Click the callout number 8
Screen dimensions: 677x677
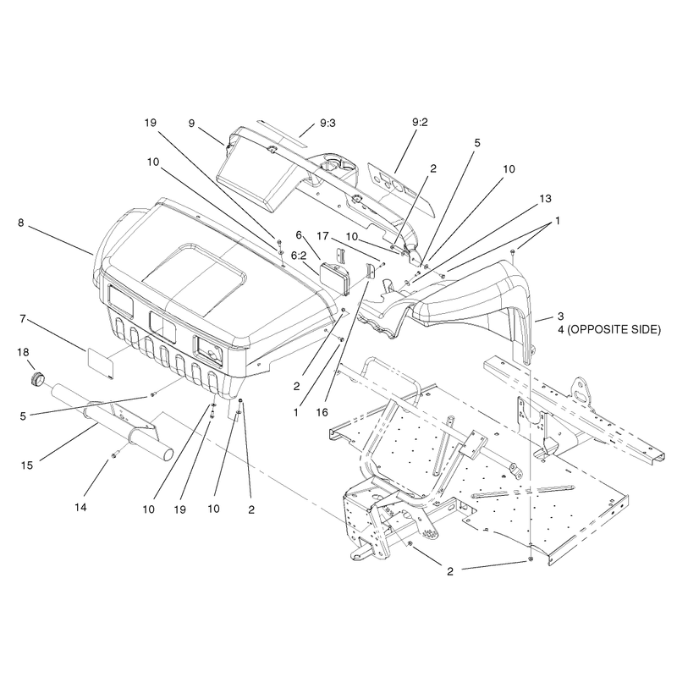pos(20,223)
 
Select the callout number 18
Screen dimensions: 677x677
pos(23,352)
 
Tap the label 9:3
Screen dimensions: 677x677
pos(327,123)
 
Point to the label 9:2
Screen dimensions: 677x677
pos(420,122)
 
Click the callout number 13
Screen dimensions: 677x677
pos(545,199)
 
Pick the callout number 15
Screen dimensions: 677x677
pos(27,465)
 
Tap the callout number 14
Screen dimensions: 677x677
pos(80,507)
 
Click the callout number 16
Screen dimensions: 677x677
pos(322,412)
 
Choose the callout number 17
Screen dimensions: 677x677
pos(323,236)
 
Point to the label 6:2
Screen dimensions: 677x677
pos(299,256)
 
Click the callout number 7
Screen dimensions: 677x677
pos(23,319)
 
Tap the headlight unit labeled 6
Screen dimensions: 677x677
pos(333,278)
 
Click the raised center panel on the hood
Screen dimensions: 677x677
pos(194,280)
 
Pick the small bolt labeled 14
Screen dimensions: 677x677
pos(114,455)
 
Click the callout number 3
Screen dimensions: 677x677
pos(560,316)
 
